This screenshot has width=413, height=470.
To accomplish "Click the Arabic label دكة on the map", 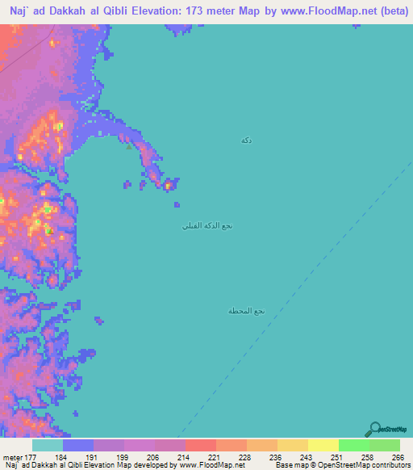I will pos(246,141).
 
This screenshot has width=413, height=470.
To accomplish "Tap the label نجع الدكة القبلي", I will pos(207,226).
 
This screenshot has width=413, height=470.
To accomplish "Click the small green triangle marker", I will pos(127,147).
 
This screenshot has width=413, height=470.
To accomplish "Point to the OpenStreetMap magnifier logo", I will pos(373,429).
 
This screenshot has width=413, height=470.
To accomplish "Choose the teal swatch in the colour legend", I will pos(48,446).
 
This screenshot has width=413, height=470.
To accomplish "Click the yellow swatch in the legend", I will pos(323,446).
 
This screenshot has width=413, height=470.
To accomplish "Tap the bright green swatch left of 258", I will pos(353,446).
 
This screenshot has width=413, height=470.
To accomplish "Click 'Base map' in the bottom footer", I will pos(288,464).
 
